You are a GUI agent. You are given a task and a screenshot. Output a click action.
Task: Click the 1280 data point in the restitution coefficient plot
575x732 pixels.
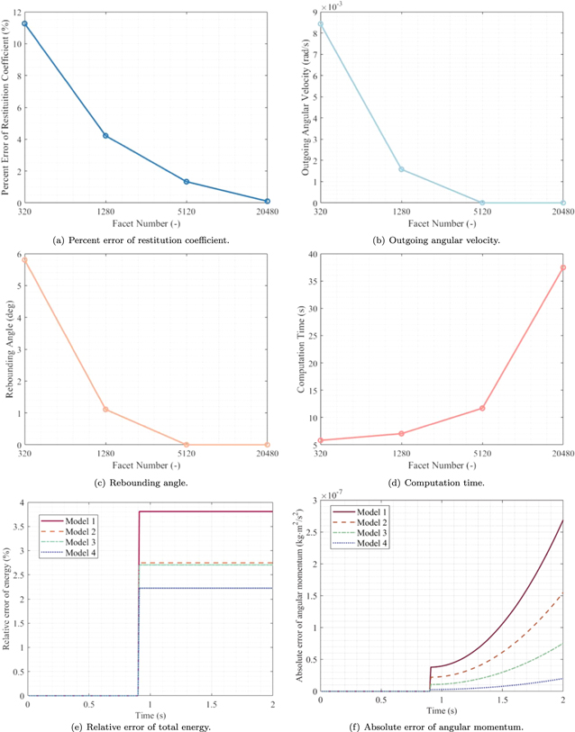pyautogui.click(x=106, y=136)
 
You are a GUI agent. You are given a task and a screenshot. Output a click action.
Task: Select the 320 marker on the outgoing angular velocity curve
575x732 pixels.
pyautogui.click(x=321, y=24)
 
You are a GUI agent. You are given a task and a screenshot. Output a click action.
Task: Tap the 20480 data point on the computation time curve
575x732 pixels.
pyautogui.click(x=562, y=267)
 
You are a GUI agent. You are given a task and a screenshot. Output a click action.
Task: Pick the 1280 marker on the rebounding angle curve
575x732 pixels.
pyautogui.click(x=106, y=410)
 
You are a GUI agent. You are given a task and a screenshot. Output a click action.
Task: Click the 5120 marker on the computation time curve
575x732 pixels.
pyautogui.click(x=482, y=408)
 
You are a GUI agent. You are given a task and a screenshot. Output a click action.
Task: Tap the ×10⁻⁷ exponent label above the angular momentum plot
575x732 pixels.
pyautogui.click(x=326, y=491)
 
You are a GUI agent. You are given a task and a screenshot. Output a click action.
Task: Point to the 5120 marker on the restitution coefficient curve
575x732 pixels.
pyautogui.click(x=187, y=182)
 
